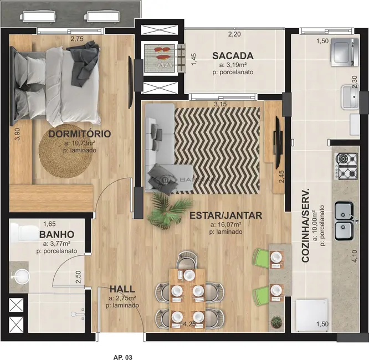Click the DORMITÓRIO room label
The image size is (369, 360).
click(79, 134)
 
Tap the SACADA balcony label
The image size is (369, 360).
click(233, 56)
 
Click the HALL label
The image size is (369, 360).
click(121, 289)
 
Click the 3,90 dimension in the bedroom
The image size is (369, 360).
click(17, 134)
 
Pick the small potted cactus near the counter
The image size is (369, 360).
click(275, 321)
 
